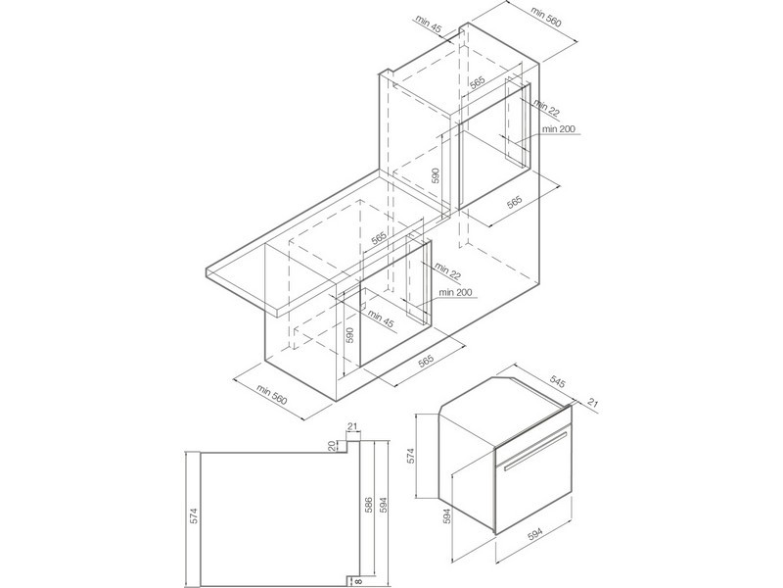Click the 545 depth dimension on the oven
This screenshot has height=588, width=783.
click(557, 382)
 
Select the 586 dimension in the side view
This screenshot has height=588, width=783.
click(368, 507)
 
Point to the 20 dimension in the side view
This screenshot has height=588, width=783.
click(333, 447)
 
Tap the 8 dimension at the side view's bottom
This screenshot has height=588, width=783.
click(356, 580)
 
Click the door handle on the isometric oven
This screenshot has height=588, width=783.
click(535, 451)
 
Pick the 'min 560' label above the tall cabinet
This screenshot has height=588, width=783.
click(546, 17)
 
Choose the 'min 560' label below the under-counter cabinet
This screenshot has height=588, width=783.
click(272, 394)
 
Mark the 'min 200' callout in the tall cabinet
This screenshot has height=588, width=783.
click(559, 129)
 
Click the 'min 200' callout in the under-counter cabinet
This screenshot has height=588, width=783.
click(455, 292)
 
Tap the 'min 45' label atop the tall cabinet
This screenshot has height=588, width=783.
click(429, 24)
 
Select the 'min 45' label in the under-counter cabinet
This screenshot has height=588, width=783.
click(381, 318)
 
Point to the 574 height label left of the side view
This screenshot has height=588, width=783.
click(194, 515)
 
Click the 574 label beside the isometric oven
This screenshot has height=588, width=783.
click(411, 456)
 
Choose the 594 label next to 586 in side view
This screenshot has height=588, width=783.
click(383, 507)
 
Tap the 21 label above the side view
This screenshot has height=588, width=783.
click(353, 426)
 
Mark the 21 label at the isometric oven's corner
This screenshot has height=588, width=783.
click(593, 403)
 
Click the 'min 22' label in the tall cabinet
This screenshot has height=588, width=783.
click(546, 108)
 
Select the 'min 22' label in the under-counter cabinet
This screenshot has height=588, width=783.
click(448, 270)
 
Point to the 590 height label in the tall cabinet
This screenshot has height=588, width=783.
click(435, 176)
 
